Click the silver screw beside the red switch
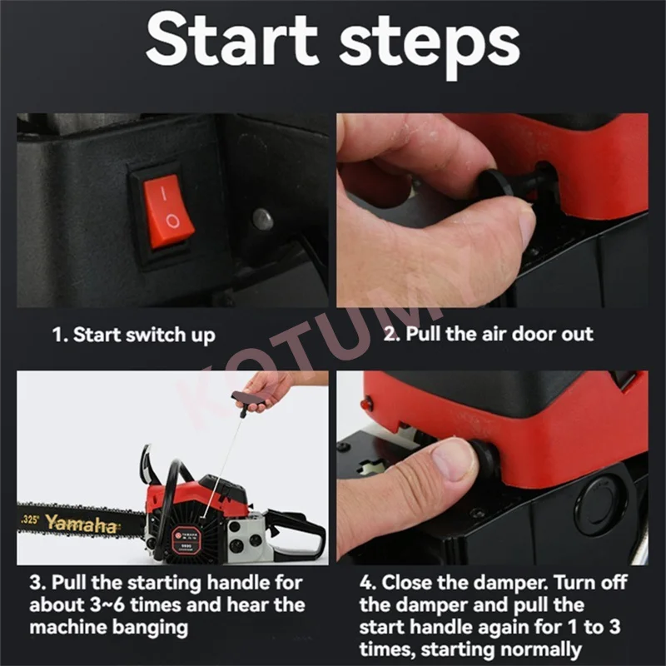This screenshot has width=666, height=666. pos(263,219)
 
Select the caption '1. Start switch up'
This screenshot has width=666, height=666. pos(133,335)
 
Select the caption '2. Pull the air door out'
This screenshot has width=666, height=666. pos(489,335)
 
